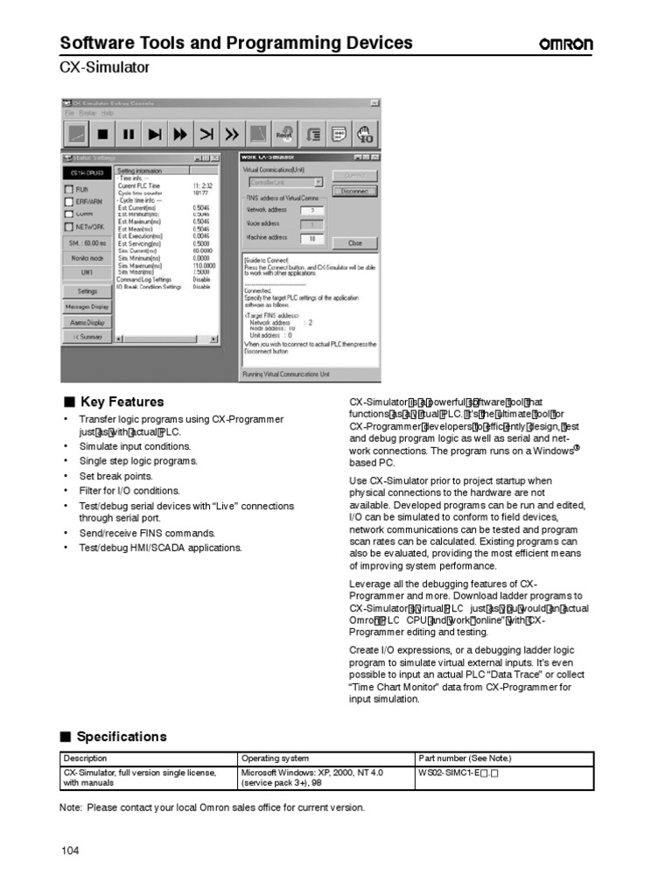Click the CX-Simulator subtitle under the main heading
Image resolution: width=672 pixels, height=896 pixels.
pyautogui.click(x=104, y=67)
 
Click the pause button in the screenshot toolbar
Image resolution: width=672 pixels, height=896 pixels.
pyautogui.click(x=129, y=135)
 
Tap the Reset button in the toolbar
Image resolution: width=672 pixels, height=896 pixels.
pyautogui.click(x=284, y=135)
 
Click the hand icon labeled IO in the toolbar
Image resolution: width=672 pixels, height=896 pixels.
pyautogui.click(x=366, y=135)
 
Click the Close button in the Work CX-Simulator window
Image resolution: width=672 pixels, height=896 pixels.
pyautogui.click(x=354, y=242)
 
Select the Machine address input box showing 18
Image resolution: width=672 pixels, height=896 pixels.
pyautogui.click(x=311, y=238)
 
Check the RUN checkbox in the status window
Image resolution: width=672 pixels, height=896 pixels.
pyautogui.click(x=69, y=189)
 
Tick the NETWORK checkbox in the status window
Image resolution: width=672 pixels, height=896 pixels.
pyautogui.click(x=69, y=227)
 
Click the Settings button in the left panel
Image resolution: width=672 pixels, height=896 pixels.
pyautogui.click(x=87, y=291)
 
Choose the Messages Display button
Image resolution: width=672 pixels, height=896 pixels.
pyautogui.click(x=87, y=307)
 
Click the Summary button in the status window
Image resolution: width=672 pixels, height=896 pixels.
pyautogui.click(x=87, y=337)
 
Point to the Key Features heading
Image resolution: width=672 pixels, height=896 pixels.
pyautogui.click(x=122, y=402)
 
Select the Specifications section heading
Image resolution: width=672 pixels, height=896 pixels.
pyautogui.click(x=122, y=737)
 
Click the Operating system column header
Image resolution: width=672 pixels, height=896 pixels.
pyautogui.click(x=275, y=759)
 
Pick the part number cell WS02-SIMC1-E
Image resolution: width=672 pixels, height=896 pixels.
pyautogui.click(x=458, y=773)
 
